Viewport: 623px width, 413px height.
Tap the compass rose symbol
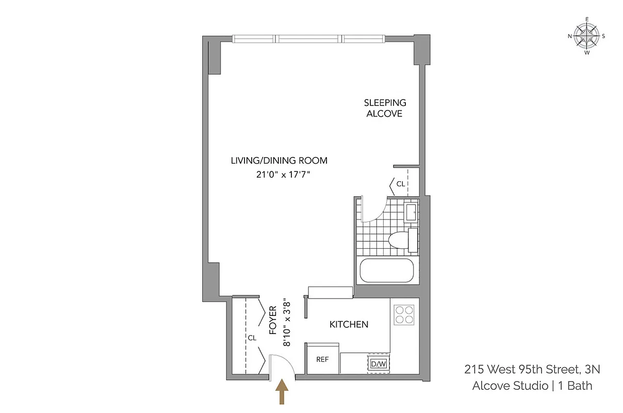[586, 36]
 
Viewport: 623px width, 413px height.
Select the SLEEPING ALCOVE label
[385, 108]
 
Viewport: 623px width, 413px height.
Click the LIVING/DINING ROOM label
[279, 161]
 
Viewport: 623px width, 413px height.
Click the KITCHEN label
[349, 324]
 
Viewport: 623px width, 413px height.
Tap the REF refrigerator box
[322, 359]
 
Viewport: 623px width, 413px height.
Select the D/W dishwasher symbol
[379, 364]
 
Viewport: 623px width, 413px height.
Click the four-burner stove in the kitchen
[405, 314]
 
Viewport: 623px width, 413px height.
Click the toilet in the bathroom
[400, 240]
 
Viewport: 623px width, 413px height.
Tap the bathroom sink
[411, 212]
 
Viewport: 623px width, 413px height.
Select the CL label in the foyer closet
[252, 338]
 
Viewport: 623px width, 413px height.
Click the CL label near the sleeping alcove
[401, 183]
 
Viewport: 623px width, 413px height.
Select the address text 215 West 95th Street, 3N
[532, 369]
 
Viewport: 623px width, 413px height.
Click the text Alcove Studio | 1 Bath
[532, 385]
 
